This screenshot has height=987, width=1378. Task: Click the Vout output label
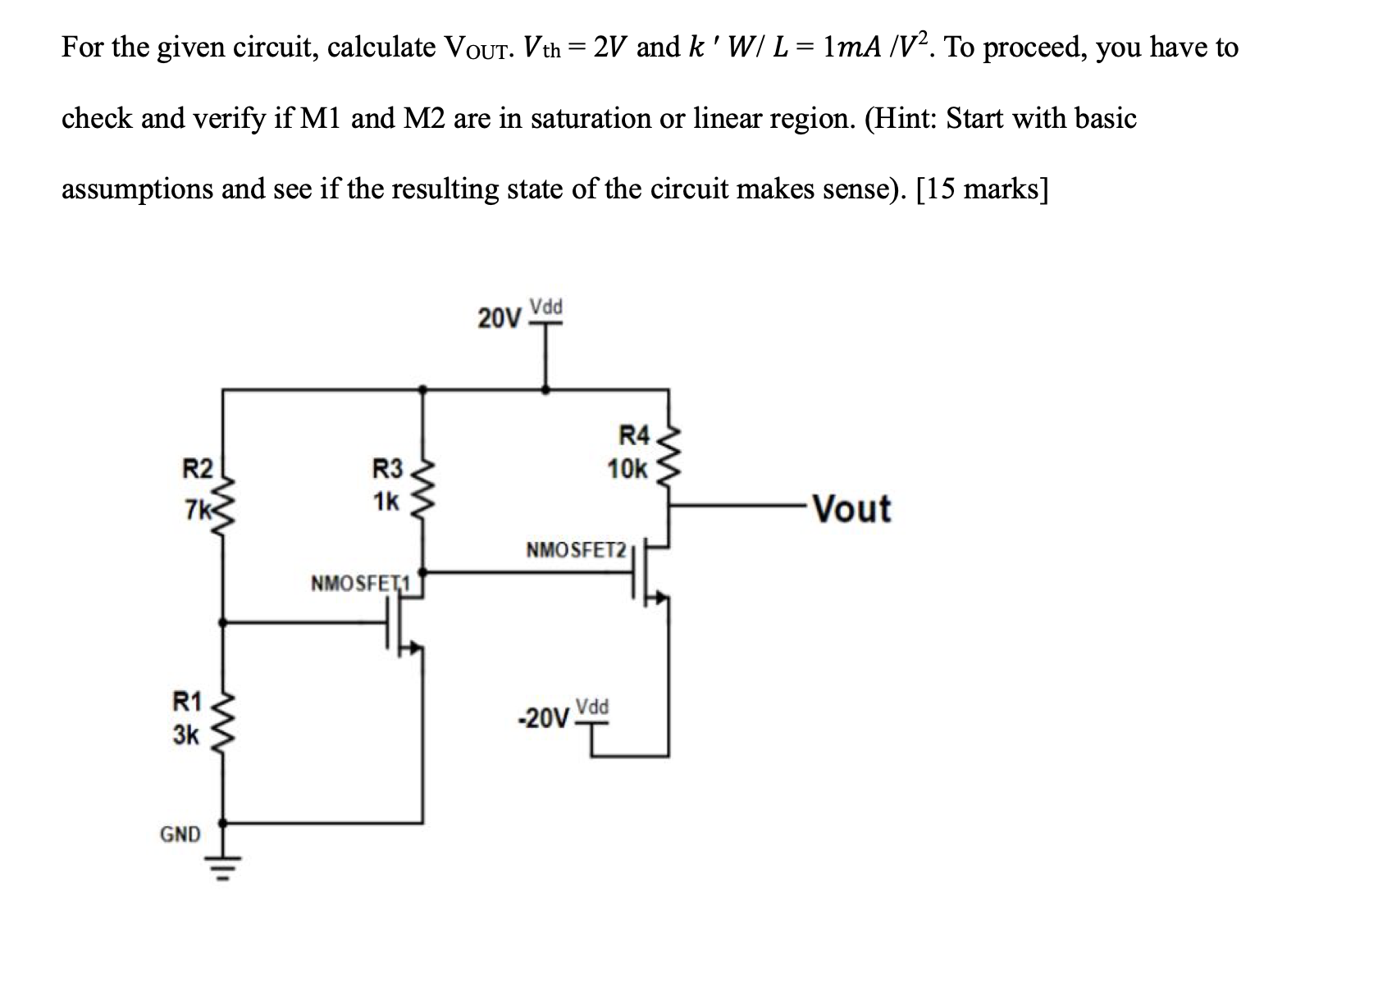853,508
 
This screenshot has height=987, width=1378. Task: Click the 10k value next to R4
627,470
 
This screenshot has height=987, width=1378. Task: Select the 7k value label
198,509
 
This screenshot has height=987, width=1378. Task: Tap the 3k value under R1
185,735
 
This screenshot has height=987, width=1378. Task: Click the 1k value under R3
386,500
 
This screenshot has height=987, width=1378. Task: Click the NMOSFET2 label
576,548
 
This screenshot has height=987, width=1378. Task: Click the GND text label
180,835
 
